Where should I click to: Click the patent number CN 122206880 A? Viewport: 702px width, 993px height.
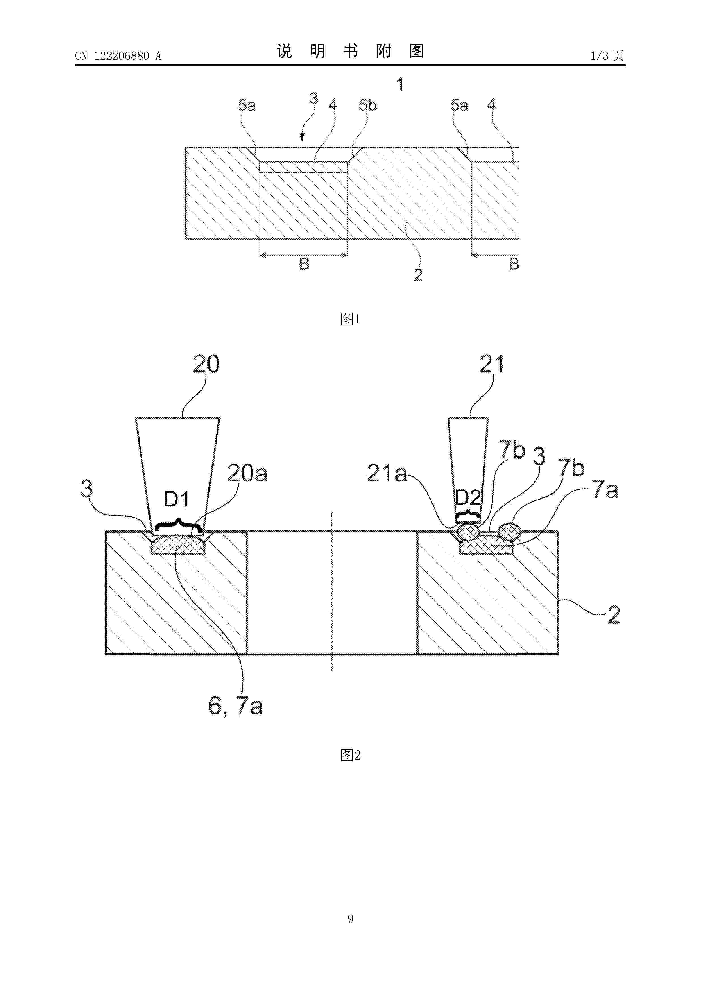click(x=118, y=56)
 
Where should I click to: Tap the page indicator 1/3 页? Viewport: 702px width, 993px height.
click(x=607, y=55)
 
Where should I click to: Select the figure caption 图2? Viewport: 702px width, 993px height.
click(x=350, y=755)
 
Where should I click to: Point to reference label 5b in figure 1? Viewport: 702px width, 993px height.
click(x=368, y=105)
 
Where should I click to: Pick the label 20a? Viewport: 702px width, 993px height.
click(x=247, y=474)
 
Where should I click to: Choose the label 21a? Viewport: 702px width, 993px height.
click(x=387, y=474)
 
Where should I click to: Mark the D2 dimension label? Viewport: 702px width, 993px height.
click(x=468, y=498)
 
